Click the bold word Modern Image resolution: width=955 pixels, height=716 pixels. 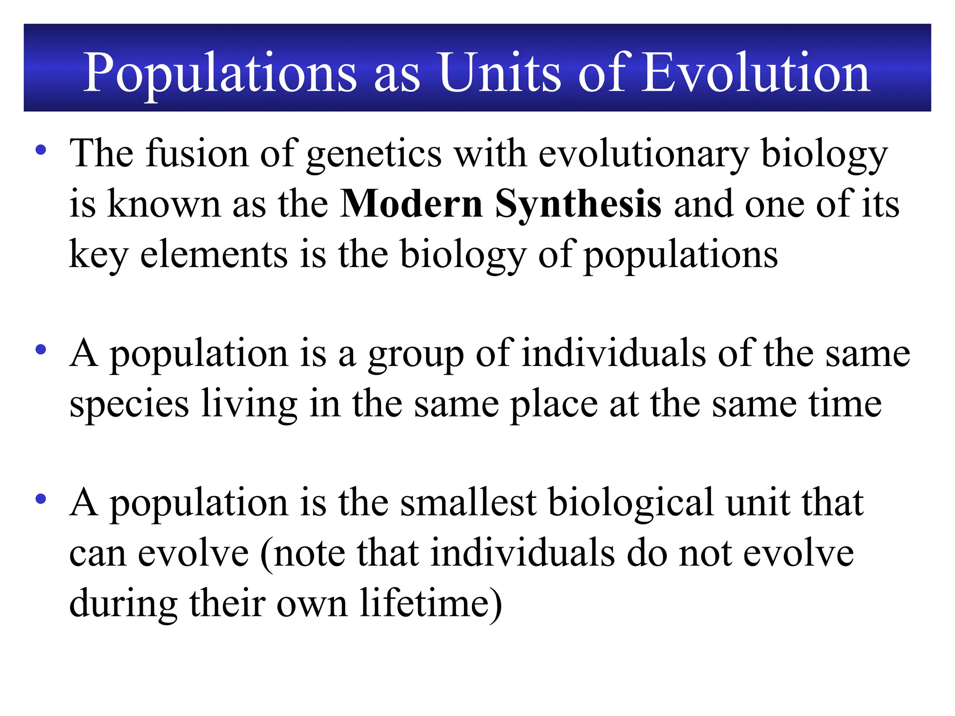click(x=411, y=204)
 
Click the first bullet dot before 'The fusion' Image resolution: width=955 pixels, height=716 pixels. click(x=41, y=150)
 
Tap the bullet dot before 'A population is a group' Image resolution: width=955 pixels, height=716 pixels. click(x=41, y=350)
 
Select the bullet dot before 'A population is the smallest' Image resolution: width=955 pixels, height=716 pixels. click(x=41, y=499)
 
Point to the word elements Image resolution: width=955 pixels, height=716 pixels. click(x=214, y=254)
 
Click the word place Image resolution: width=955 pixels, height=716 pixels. click(x=554, y=405)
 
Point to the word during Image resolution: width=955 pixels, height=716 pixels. click(x=124, y=604)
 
